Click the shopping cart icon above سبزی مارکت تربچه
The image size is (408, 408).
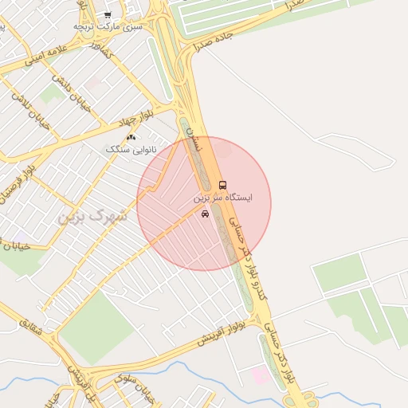click(108, 14)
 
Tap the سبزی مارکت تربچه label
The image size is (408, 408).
click(108, 25)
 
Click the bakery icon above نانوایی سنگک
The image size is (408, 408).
click(131, 138)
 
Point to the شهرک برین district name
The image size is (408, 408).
click(94, 216)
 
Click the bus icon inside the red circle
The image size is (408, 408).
click(222, 185)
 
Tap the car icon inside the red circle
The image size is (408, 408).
click(206, 213)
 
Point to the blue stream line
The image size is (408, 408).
click(183, 368)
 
